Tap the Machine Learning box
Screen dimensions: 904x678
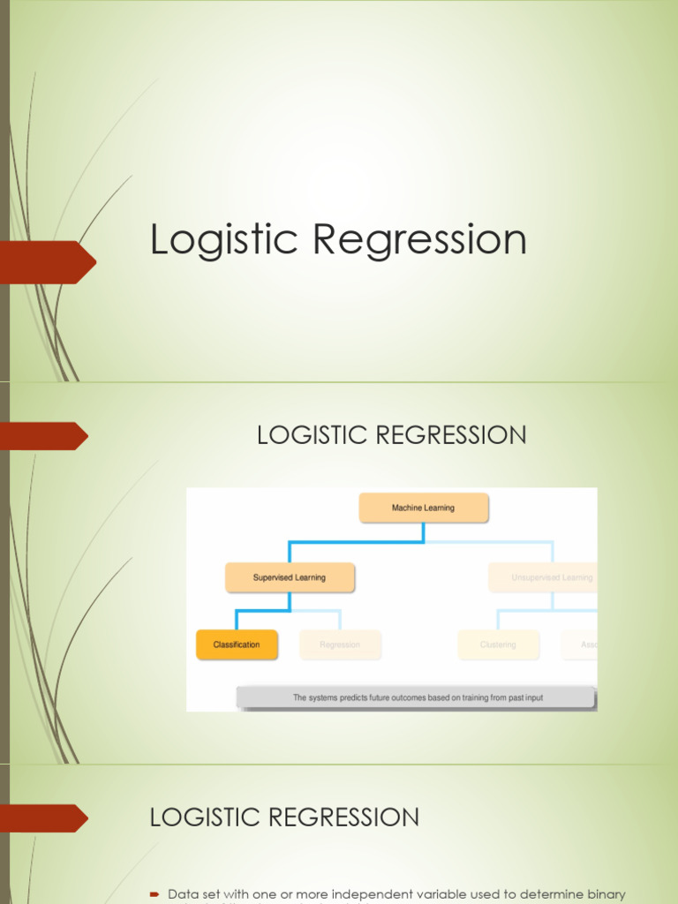(x=423, y=508)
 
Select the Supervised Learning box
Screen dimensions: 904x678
(x=290, y=577)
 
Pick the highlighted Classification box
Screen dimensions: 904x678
(x=237, y=644)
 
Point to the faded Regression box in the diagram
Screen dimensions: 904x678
(x=340, y=644)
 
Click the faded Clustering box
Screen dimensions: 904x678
(x=498, y=644)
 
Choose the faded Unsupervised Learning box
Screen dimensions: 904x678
(x=543, y=577)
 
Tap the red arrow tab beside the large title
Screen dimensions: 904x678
(x=49, y=262)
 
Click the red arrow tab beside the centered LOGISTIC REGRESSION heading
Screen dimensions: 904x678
(x=44, y=436)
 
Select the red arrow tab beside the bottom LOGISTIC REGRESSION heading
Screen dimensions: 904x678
(x=44, y=818)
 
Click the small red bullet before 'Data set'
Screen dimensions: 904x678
(x=154, y=894)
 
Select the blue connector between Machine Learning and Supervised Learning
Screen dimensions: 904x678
(x=353, y=541)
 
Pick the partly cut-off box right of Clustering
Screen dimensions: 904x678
(x=580, y=644)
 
